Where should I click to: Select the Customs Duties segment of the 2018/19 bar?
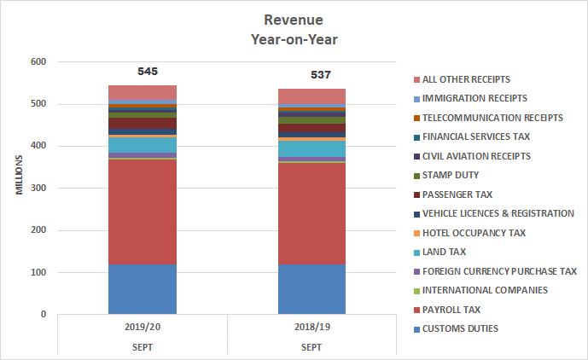click(312, 289)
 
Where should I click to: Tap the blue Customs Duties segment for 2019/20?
click(143, 289)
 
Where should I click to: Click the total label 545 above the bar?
click(148, 72)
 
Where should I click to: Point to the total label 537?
click(321, 75)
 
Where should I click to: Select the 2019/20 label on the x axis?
click(143, 326)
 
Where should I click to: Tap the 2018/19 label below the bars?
click(312, 326)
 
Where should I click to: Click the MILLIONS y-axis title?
click(18, 173)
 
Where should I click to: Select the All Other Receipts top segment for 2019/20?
click(143, 92)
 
